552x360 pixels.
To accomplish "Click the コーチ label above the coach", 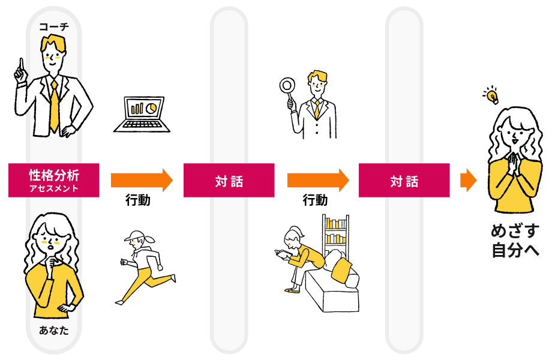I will (x=54, y=26).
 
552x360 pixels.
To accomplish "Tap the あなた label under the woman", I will (x=54, y=331).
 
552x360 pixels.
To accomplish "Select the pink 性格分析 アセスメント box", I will (x=54, y=180).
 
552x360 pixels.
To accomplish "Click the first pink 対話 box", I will (x=229, y=180).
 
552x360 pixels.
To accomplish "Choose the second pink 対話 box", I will (x=404, y=180).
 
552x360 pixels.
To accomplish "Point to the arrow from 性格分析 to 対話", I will (x=141, y=180).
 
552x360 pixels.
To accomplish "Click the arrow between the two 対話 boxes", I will (x=317, y=180).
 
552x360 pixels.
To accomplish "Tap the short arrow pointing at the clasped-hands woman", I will (x=468, y=180).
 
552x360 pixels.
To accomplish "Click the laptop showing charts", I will (x=142, y=114).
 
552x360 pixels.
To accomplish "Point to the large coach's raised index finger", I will (x=22, y=65).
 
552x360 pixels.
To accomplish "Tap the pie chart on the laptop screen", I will (x=151, y=107).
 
